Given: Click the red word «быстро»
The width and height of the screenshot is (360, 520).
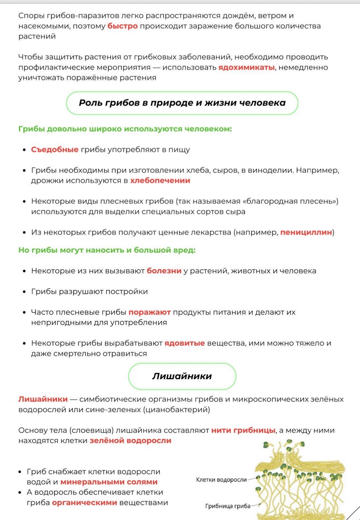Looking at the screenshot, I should (x=122, y=26).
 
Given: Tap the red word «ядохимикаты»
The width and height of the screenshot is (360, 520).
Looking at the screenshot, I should (x=246, y=67).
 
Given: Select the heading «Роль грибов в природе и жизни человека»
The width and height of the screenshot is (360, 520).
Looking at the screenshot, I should (x=182, y=103).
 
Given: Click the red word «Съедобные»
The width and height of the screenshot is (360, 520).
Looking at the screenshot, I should (x=55, y=149).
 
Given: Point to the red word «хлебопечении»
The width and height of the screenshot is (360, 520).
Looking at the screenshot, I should (x=160, y=181).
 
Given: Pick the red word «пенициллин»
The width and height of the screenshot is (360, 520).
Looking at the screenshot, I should (x=306, y=232).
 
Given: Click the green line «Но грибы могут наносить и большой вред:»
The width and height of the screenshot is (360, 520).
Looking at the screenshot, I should (x=107, y=250).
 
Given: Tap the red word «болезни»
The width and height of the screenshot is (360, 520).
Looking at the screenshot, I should (x=164, y=271).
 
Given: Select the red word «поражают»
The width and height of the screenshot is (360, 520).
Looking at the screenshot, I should (x=149, y=312).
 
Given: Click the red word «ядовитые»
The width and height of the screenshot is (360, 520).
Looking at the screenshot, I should (x=185, y=343).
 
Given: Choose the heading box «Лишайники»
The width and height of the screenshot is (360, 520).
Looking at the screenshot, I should (x=182, y=376).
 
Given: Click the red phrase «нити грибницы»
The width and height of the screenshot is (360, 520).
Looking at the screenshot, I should (x=243, y=430).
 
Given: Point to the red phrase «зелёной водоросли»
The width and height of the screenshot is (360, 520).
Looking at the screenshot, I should (x=130, y=441).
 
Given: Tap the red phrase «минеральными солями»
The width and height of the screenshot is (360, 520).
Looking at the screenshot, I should (x=109, y=482).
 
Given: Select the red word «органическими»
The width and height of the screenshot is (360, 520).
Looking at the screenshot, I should (x=84, y=503).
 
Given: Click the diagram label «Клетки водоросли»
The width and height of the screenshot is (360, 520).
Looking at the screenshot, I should (x=221, y=480).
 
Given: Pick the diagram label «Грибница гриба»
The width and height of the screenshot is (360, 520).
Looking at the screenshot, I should (x=228, y=506).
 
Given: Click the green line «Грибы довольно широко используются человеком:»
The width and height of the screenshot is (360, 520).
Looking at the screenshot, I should (x=125, y=129).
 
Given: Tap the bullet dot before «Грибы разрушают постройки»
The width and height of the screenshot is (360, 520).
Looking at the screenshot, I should (x=24, y=292).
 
